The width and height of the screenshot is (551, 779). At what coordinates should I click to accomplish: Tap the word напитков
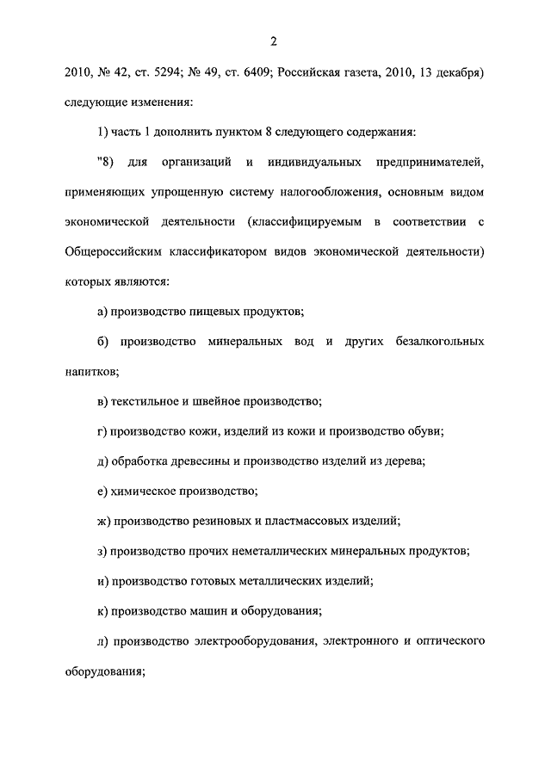[90, 371]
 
